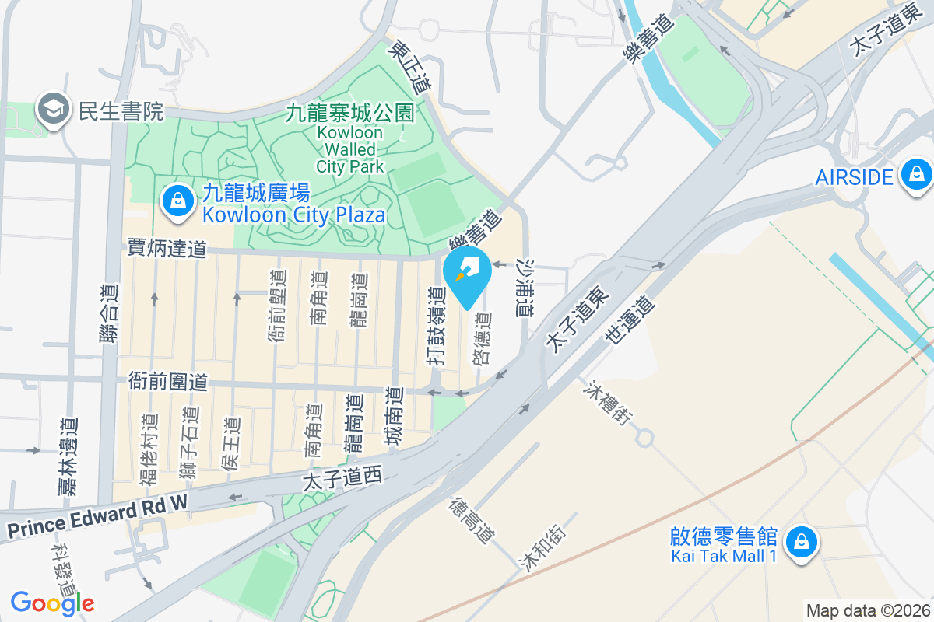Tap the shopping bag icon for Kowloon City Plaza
tap(178, 201)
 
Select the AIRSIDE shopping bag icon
tap(916, 176)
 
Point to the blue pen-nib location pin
tap(467, 274)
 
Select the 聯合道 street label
tap(111, 314)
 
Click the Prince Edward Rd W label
tap(98, 517)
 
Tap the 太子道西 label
tap(342, 479)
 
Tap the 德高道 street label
tap(471, 521)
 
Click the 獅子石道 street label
tap(187, 443)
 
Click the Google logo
tap(52, 603)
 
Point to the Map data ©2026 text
tap(868, 610)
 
